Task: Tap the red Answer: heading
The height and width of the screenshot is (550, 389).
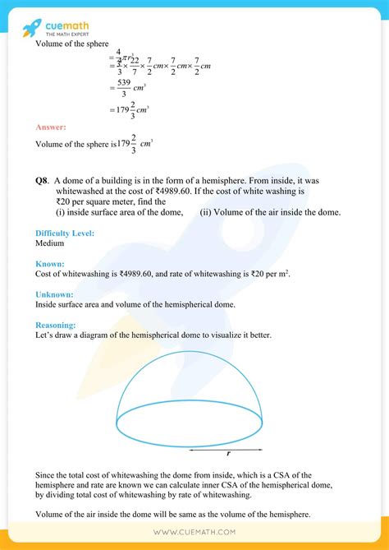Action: (51, 127)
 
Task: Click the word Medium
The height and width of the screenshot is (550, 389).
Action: (49, 244)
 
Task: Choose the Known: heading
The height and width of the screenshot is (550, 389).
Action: (50, 264)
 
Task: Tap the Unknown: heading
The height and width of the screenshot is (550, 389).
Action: (55, 294)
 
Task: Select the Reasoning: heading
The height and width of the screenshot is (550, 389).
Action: (57, 326)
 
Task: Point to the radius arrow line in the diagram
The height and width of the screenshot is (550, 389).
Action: (226, 448)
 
